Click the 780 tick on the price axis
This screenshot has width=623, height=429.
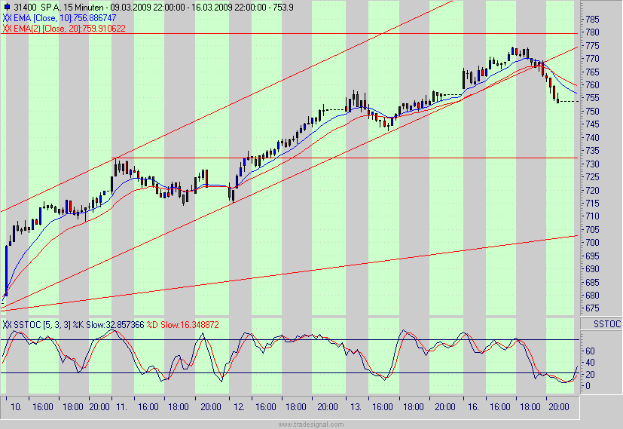coord(594,32)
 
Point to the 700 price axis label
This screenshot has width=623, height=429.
coord(594,243)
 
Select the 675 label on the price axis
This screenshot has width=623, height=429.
coord(594,308)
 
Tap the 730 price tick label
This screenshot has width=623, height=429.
coord(594,164)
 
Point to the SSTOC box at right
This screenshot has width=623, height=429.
coord(606,323)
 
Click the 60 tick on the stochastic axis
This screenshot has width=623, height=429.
coord(591,351)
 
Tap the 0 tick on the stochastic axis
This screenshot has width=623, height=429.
coord(588,386)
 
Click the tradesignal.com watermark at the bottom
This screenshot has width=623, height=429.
coord(311,424)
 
